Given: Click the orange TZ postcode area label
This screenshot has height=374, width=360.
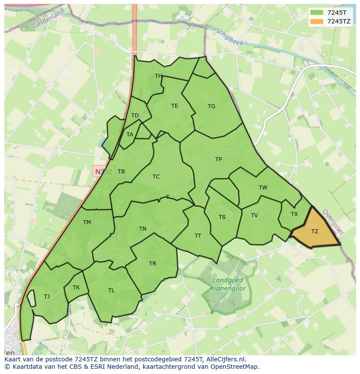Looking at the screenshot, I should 315,232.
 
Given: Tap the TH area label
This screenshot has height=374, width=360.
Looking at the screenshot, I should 158,76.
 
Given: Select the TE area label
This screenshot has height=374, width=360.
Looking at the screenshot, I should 174,106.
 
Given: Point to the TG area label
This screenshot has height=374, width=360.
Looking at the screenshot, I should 211,106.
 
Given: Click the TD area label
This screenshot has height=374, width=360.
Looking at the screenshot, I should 135,116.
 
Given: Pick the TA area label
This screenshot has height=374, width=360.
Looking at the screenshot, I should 130,135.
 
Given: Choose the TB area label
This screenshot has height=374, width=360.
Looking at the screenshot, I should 121,172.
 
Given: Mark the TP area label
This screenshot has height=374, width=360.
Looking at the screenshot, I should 218,159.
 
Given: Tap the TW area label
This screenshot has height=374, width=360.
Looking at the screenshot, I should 263,188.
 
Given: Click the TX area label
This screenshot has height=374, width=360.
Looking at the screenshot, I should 294,214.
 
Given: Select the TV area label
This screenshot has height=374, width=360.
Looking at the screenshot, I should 254,215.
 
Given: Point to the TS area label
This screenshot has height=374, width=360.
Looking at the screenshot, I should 222,217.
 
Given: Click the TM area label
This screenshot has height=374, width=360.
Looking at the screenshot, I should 87,222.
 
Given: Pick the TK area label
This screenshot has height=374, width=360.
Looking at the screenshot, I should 76,288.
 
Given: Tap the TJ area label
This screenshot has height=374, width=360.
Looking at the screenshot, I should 47,297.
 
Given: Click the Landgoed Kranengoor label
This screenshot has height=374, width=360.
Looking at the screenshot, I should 228,285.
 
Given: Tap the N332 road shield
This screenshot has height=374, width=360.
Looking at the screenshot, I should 103,172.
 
